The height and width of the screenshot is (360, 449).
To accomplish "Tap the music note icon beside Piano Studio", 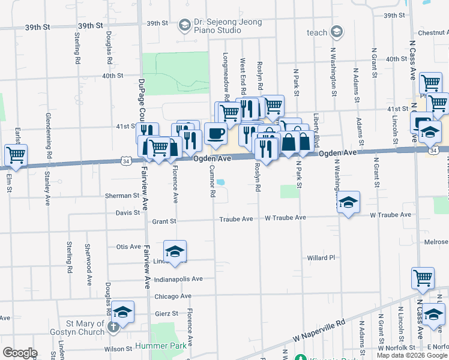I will point(182,26).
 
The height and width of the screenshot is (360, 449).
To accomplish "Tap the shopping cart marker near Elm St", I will point(16,155).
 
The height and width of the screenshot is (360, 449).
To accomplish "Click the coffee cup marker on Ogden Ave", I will point(215,134).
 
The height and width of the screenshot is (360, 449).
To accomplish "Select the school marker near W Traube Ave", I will point(348,203).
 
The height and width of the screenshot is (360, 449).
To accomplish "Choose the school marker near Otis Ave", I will point(175,251).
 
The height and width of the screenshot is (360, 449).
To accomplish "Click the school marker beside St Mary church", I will point(122,312).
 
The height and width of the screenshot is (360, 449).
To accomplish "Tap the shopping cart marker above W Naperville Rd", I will point(423,278).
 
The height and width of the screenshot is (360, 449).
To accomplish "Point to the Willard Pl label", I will point(321,257).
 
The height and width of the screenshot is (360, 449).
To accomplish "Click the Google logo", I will point(20,353).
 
